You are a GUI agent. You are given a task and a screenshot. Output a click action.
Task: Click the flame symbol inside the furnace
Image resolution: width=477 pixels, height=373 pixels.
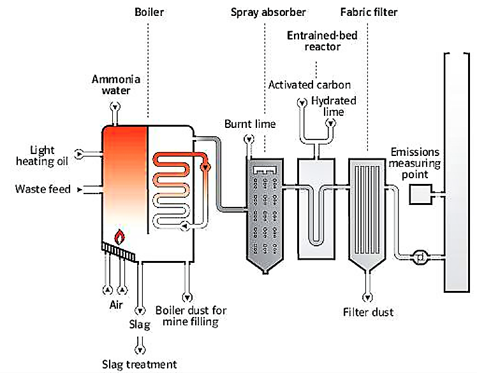point(119,236)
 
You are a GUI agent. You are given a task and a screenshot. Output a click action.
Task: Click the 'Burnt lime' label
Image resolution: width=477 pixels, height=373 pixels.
point(250,124)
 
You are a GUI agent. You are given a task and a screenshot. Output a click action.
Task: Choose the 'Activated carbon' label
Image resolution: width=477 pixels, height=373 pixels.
point(309,85)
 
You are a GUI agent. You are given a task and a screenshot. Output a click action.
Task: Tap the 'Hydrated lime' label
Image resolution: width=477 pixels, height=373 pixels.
point(334,107)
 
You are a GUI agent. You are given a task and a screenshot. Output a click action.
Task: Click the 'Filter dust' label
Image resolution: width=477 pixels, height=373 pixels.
point(368,313)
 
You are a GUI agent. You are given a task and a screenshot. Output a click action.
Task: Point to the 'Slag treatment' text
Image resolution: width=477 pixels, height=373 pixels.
point(139,365)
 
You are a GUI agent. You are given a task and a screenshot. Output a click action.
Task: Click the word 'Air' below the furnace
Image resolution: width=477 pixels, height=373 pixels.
point(115,305)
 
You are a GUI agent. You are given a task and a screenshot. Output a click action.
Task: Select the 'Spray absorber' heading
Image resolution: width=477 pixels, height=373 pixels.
point(268,12)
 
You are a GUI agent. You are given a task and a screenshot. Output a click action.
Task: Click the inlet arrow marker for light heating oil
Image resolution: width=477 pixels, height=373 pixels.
point(79,153)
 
